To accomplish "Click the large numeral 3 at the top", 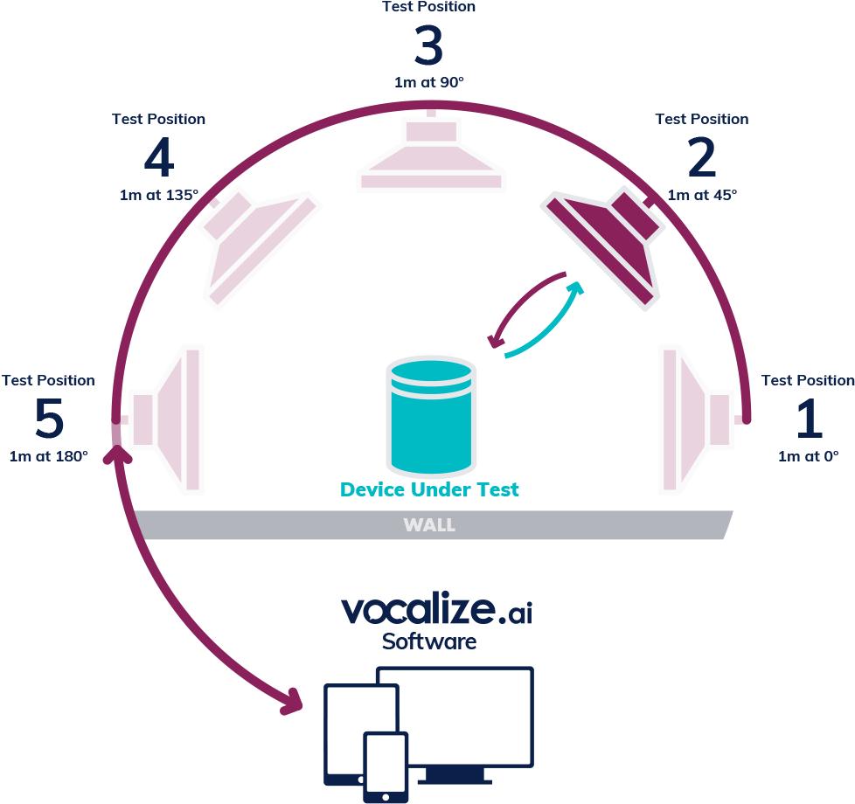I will coord(428,47).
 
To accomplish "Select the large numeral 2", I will coord(701,159).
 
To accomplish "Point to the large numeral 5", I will coord(49,419).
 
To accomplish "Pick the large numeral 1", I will coord(808,419).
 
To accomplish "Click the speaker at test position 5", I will coord(171,419).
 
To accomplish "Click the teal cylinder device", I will coord(431,414).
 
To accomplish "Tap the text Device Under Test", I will coord(429,489).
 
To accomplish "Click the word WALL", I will coord(428,525).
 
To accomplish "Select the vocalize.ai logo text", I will coord(435,609).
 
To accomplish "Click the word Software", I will coord(429,641).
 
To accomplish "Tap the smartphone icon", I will coord(386,766).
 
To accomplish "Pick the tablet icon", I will coord(350,732).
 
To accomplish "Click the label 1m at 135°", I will coord(159,194).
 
